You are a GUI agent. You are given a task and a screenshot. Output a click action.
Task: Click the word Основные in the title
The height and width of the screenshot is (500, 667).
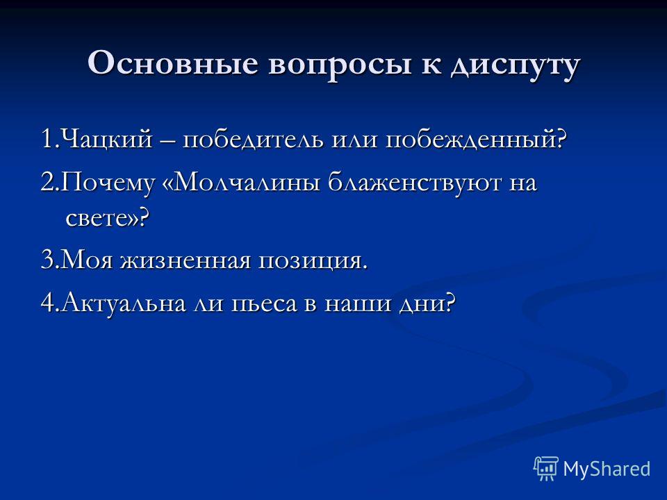(x=173, y=63)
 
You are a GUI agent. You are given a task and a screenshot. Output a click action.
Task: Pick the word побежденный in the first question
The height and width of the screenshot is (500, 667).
(x=477, y=138)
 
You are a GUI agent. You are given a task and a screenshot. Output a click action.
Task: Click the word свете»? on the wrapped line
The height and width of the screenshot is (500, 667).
(x=108, y=219)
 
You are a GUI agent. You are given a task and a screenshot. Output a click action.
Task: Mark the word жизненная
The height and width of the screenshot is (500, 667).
(x=186, y=260)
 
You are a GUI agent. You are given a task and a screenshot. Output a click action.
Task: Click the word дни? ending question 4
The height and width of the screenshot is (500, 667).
(x=427, y=303)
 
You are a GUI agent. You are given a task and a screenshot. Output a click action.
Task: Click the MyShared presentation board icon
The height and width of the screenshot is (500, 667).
(x=546, y=468)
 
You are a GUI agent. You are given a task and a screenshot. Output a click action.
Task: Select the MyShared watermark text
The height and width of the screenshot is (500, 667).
(x=607, y=469)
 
